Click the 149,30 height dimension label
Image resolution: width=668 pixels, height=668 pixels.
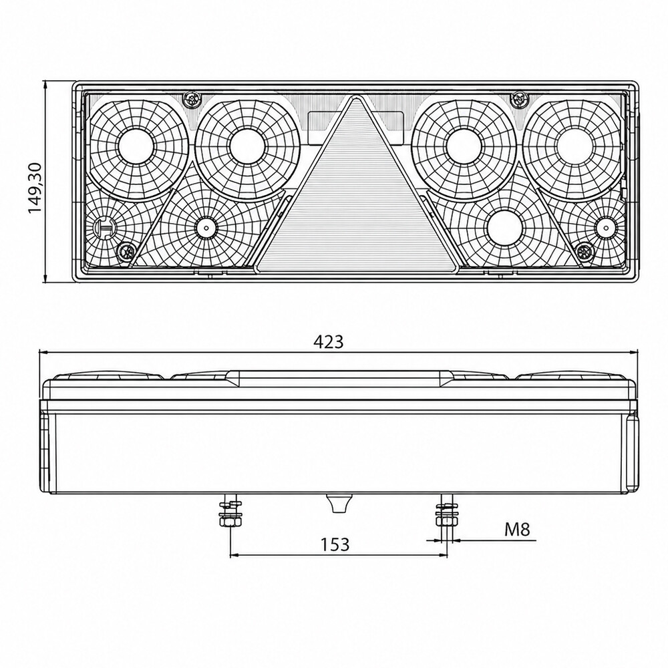coord(34,188)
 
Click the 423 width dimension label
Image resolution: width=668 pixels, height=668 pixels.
coord(328,341)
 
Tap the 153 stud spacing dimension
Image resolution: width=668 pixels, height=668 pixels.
coord(335,544)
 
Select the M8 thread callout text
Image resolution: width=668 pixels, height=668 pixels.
coord(517,530)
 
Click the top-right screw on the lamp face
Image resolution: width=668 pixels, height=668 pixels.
coord(519,100)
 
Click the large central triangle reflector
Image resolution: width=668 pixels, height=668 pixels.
coord(356,200)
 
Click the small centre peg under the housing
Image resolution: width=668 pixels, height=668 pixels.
coord(337,504)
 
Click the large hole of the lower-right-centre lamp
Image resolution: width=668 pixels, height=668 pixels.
coord(504,226)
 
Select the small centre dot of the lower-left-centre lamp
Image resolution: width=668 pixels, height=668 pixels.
coord(206,227)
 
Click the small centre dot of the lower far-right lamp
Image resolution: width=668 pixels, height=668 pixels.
coord(604,226)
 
